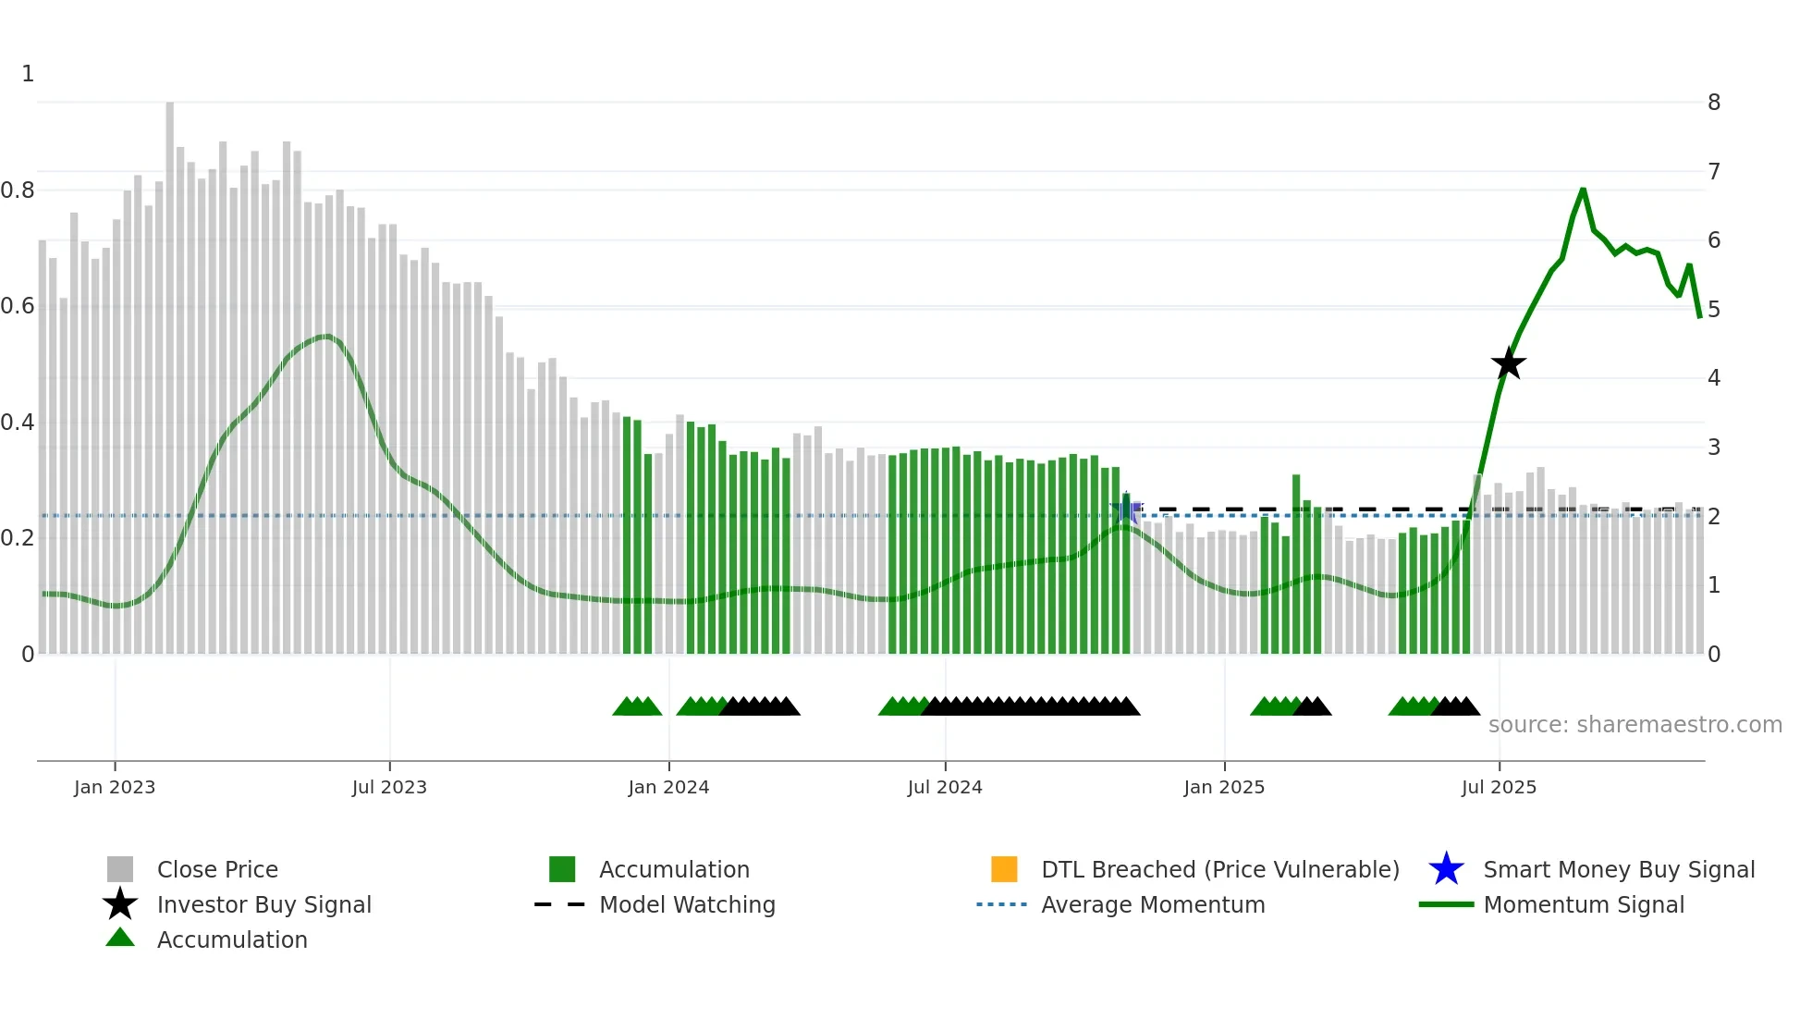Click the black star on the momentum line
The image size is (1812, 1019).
1508,364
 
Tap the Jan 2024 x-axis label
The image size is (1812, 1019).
668,787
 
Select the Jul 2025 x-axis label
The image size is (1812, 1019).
1499,787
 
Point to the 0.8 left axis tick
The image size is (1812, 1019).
18,190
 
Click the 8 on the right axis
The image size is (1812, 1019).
1713,103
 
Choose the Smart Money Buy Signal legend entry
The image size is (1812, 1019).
1618,869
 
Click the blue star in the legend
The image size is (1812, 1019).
1446,869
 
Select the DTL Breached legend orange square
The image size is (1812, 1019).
1004,869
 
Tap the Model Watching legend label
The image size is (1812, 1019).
687,904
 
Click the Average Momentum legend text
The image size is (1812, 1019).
1153,904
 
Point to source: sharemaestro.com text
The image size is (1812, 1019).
1634,725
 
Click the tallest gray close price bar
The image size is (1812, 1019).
170,370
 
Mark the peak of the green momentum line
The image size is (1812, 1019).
1583,190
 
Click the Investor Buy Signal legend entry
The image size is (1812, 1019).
263,904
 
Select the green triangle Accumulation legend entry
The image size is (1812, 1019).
231,939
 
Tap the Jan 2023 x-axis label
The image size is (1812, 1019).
115,787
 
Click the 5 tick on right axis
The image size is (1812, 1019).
1713,309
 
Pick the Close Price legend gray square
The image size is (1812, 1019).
120,869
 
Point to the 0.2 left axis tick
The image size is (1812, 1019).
18,538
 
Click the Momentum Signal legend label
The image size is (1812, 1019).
1583,904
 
